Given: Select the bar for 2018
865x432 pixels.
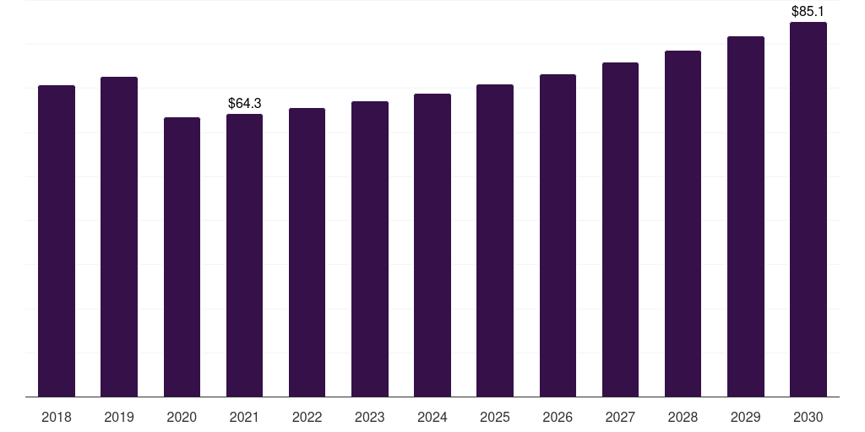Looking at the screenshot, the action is click(x=57, y=240).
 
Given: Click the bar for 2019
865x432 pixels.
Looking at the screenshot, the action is click(x=119, y=237).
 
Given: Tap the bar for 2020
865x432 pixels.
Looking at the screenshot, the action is click(x=182, y=256).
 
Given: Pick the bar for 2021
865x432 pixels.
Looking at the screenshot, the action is click(x=244, y=255).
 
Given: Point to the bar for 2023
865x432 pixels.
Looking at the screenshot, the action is click(x=370, y=249).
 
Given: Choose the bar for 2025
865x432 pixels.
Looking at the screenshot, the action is click(x=495, y=240).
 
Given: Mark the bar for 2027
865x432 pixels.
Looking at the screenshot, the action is click(x=620, y=229).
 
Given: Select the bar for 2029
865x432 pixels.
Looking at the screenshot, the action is click(x=746, y=217).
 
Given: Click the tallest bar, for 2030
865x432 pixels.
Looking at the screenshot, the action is click(x=808, y=209).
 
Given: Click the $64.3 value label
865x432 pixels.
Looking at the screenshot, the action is click(x=244, y=103).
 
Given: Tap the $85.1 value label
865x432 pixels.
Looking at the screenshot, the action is click(x=808, y=11).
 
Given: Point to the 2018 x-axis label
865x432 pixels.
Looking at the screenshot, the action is click(x=57, y=417).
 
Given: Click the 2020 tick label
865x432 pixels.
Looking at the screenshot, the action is click(x=182, y=417).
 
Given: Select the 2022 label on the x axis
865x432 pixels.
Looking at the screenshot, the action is click(x=307, y=417).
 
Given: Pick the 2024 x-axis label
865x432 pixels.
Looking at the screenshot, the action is click(x=432, y=417).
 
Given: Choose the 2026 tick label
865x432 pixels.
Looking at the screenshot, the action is click(x=558, y=417).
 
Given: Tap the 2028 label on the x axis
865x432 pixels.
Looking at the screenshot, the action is click(x=683, y=417).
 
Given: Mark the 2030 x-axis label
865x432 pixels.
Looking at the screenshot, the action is click(x=808, y=417).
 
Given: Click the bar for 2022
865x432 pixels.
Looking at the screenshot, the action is click(x=307, y=252).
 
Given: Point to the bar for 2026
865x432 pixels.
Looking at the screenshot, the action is click(x=558, y=235).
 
